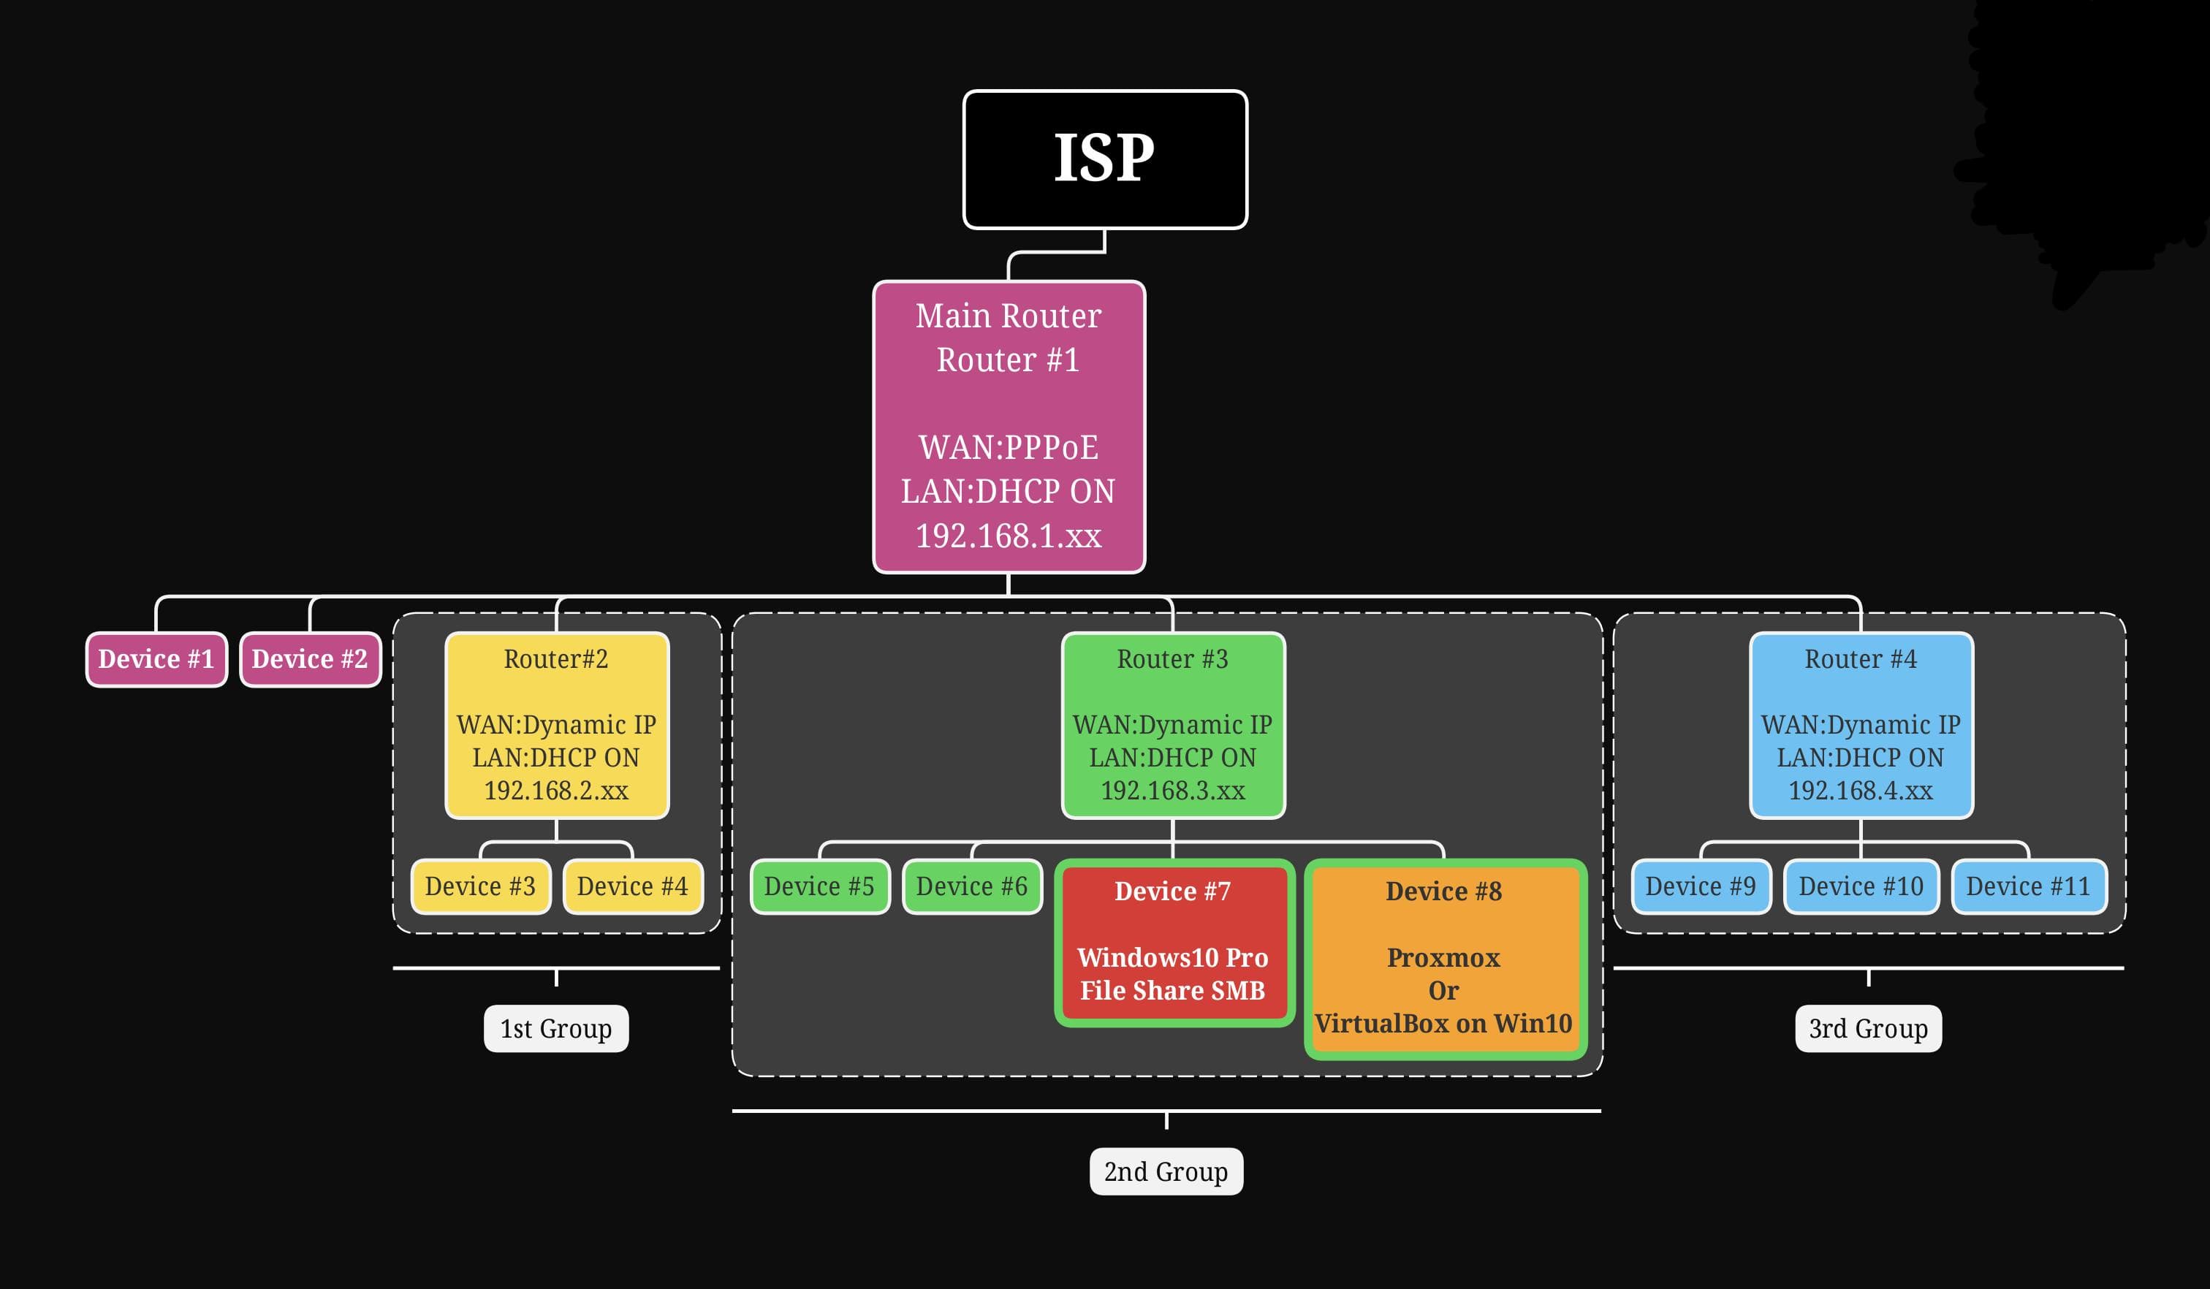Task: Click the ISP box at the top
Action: [1105, 159]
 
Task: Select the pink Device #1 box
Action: [156, 659]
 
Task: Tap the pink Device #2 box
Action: [310, 659]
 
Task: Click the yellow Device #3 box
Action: [481, 886]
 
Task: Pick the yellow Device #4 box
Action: [632, 886]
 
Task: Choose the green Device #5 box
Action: [819, 886]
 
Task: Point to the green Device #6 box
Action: [972, 886]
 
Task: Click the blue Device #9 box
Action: [1701, 886]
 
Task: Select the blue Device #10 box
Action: [1861, 886]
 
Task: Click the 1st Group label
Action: [556, 1029]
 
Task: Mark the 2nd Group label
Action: [1166, 1171]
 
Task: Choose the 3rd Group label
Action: [1868, 1029]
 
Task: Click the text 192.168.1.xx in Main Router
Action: [1009, 536]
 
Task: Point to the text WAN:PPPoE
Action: [1009, 448]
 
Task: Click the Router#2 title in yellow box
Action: [556, 659]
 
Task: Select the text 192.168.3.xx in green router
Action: [1172, 791]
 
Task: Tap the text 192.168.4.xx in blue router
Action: [1860, 791]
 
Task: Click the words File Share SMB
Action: [1172, 991]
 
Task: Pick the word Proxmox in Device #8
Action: [1443, 957]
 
